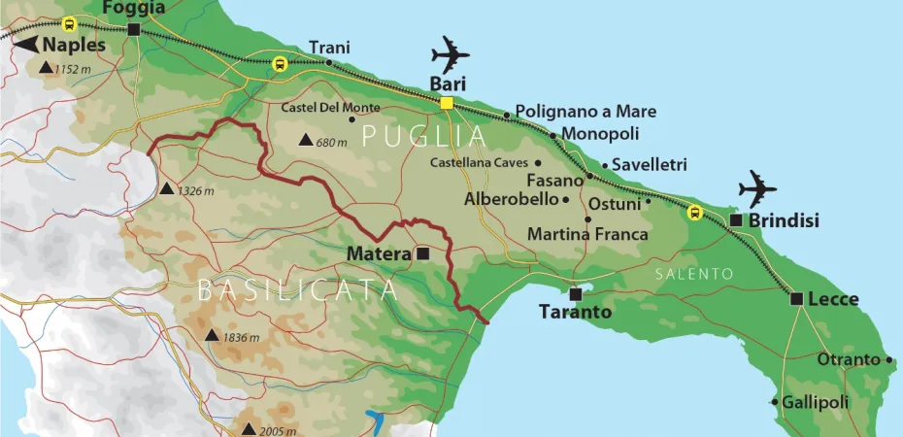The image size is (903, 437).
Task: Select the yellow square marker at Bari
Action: (447, 103)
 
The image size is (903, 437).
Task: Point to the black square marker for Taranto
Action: (576, 293)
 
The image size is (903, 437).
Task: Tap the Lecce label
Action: (834, 299)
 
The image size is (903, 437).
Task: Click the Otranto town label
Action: (848, 360)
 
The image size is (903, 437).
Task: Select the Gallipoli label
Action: (816, 402)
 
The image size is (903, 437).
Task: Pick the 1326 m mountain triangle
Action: (167, 189)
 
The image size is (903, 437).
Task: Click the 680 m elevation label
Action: (331, 143)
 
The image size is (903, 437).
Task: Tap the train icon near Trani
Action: (280, 64)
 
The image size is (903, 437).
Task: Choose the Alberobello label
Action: (511, 199)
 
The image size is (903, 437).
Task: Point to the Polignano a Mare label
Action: (585, 112)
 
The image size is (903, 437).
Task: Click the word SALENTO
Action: (693, 275)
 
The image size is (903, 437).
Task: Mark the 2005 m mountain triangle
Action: (249, 429)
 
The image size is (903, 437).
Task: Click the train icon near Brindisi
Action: (693, 213)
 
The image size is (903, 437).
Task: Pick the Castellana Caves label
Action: (479, 163)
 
